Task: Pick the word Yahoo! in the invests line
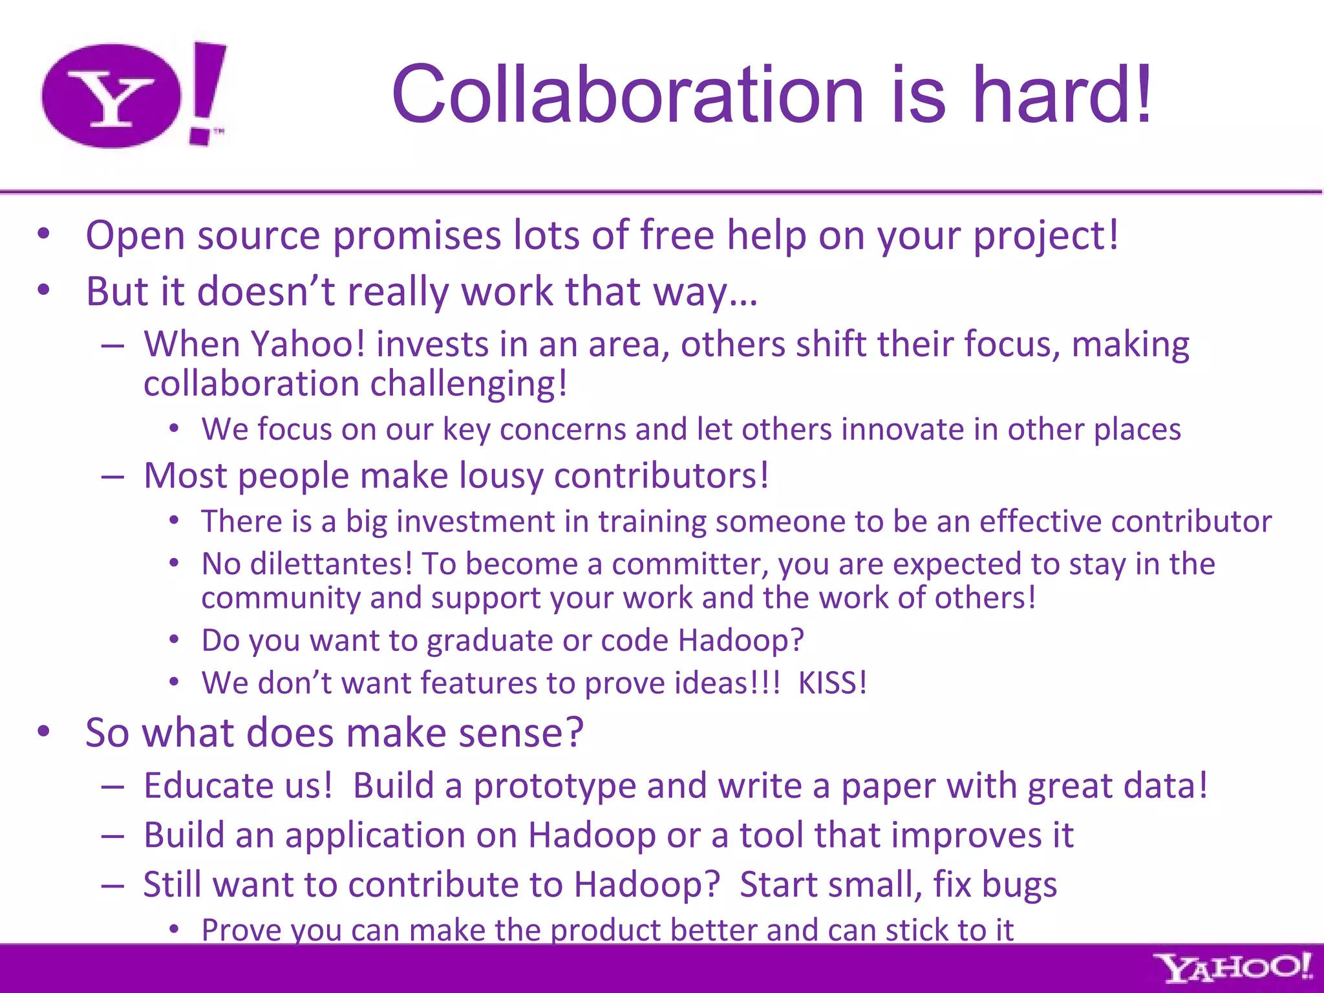coord(308,344)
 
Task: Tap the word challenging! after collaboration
coord(469,384)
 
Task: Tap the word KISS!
coord(832,683)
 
